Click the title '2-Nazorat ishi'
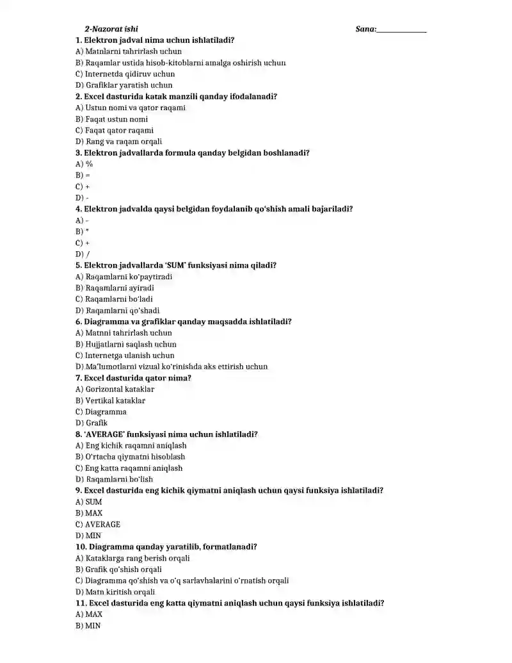[x=111, y=29]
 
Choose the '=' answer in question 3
[x=83, y=175]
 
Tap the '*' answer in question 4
[x=82, y=231]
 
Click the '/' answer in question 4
[x=83, y=254]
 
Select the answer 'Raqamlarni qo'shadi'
[x=118, y=310]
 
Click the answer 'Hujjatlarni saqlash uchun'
[x=125, y=344]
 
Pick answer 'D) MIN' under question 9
[x=88, y=536]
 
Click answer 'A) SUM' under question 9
[x=88, y=502]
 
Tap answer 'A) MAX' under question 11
[x=89, y=614]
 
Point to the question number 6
[x=79, y=322]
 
